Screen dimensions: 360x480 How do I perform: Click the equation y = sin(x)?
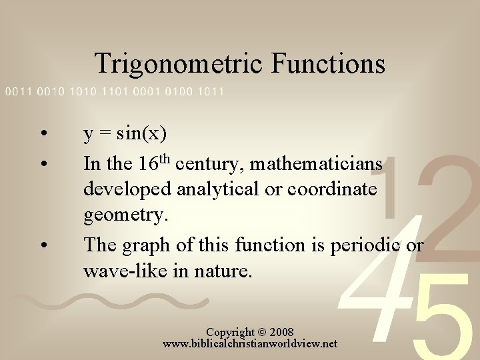pos(125,135)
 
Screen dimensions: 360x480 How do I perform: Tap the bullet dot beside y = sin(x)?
pos(43,135)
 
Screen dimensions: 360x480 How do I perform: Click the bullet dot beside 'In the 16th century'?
pos(43,163)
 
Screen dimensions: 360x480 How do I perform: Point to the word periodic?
pos(367,245)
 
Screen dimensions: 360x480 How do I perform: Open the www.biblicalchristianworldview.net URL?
pos(250,344)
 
